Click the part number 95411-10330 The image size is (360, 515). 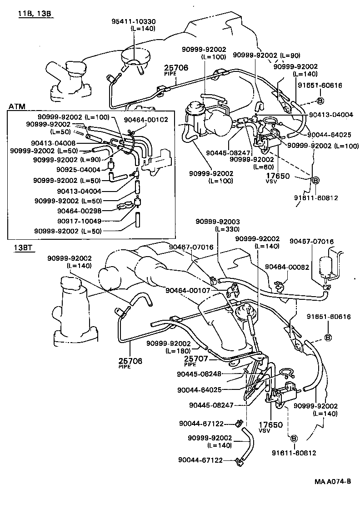[x=133, y=21]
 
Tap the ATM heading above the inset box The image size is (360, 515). [x=17, y=106]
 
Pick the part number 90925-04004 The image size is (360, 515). [x=78, y=169]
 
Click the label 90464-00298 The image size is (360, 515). [x=79, y=211]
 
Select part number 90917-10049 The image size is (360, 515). [x=79, y=221]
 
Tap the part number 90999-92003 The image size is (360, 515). [x=218, y=221]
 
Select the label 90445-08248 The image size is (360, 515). [x=199, y=374]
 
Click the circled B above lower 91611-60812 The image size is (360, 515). [x=293, y=439]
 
